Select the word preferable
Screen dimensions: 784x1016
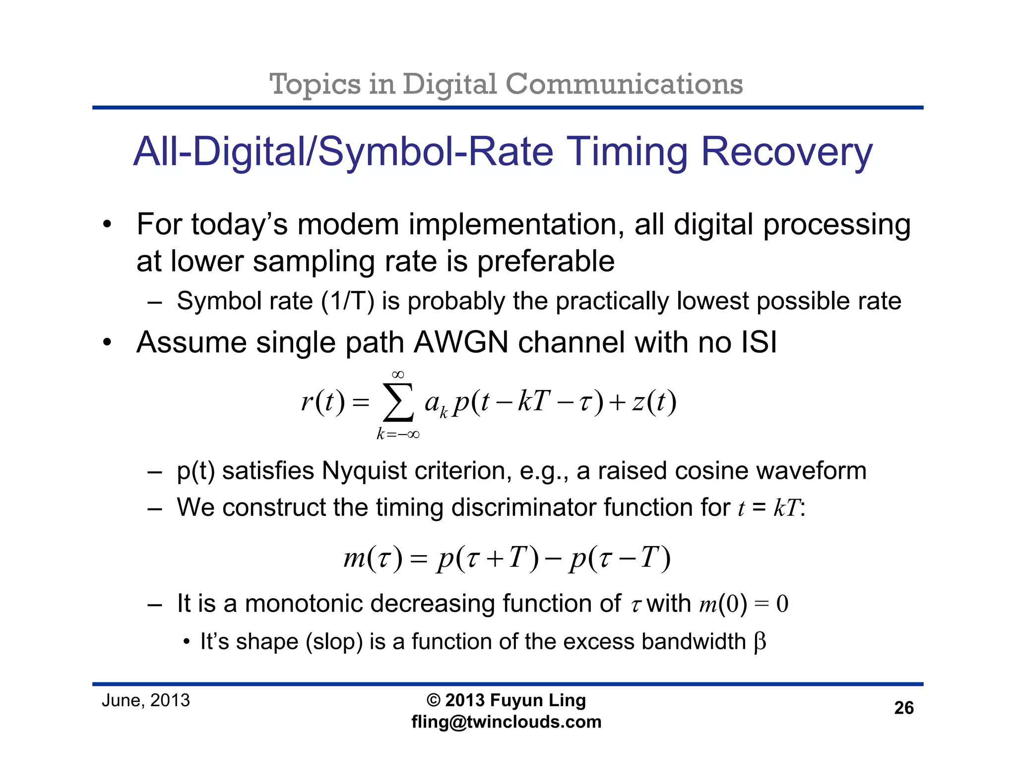click(x=546, y=261)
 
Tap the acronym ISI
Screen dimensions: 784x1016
click(x=759, y=342)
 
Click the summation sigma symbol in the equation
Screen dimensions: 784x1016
click(x=398, y=402)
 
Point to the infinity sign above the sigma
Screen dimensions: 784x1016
click(x=398, y=375)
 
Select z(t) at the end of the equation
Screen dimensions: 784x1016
click(x=654, y=402)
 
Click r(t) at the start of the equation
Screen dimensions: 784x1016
click(x=322, y=402)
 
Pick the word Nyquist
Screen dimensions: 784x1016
click(x=365, y=471)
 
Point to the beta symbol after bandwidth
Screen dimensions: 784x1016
click(x=760, y=642)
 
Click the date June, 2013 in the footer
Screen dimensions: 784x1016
click(x=146, y=701)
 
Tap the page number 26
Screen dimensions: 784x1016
click(x=903, y=708)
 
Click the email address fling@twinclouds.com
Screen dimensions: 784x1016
click(x=506, y=722)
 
